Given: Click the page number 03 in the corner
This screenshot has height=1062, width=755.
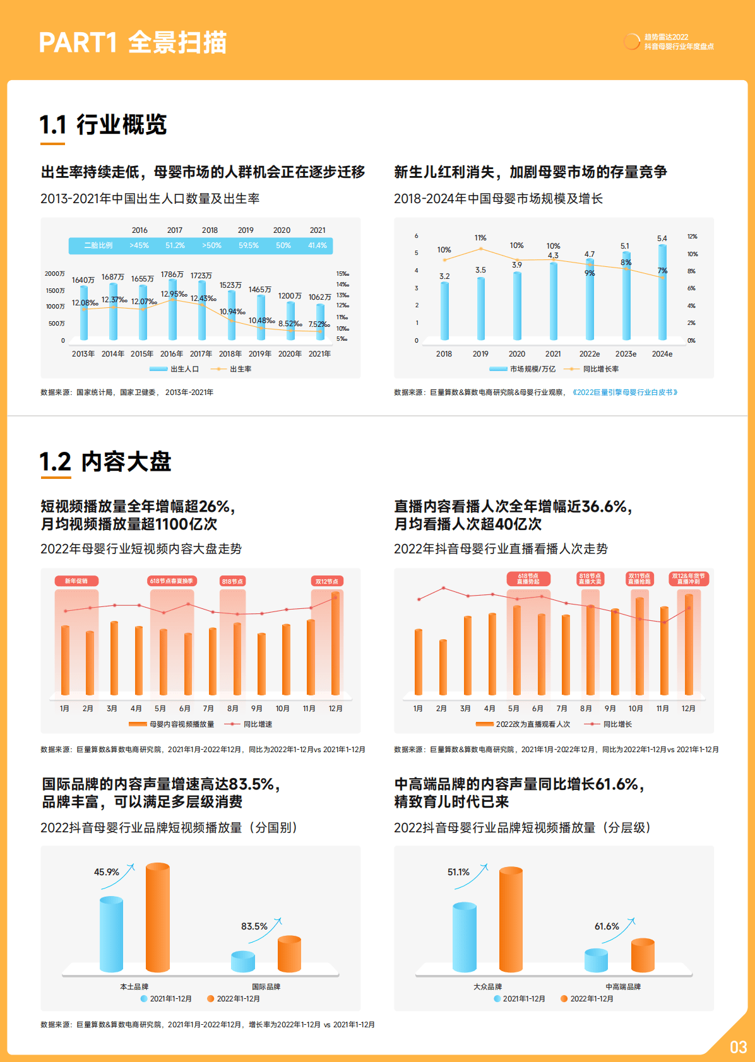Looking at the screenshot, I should pyautogui.click(x=738, y=1047).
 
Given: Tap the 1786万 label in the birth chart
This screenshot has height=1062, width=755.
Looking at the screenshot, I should pyautogui.click(x=172, y=274).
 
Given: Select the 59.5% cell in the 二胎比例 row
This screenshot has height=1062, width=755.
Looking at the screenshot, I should pyautogui.click(x=249, y=245).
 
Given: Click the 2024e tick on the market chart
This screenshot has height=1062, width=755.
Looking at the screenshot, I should pyautogui.click(x=662, y=354).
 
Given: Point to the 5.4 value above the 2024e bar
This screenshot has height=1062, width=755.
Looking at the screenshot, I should pyautogui.click(x=662, y=239).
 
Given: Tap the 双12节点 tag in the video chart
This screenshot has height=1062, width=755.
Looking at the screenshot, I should pyautogui.click(x=327, y=581).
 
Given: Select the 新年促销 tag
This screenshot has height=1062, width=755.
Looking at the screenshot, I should pyautogui.click(x=76, y=581).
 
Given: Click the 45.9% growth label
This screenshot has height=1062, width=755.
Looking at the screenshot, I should pyautogui.click(x=106, y=872).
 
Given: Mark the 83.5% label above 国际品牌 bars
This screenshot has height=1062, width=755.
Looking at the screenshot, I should pyautogui.click(x=254, y=926).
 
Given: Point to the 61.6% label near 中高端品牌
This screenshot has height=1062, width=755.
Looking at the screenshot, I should pyautogui.click(x=607, y=926).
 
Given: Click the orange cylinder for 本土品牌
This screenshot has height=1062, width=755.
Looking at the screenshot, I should pyautogui.click(x=158, y=918).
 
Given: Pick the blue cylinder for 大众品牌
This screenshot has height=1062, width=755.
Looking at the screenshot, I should pyautogui.click(x=465, y=937).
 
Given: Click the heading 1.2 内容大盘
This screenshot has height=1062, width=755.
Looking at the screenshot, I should pyautogui.click(x=105, y=462).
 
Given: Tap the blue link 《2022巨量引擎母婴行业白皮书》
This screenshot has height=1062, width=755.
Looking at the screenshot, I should pyautogui.click(x=625, y=392).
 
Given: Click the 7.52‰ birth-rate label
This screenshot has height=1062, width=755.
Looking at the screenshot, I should pyautogui.click(x=319, y=324).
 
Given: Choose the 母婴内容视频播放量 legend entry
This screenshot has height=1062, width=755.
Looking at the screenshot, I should pyautogui.click(x=182, y=724).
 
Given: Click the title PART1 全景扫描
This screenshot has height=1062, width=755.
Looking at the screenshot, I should pyautogui.click(x=133, y=42).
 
